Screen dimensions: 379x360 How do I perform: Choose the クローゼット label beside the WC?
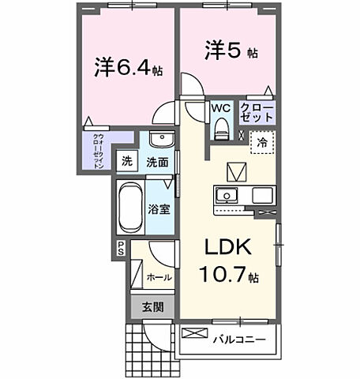pos(257,111)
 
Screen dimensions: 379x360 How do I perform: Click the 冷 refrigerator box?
pos(260,144)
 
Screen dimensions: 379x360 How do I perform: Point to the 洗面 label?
pos(156,162)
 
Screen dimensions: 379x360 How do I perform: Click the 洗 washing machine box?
pos(126,162)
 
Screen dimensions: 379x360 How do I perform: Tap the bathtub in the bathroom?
pos(129,206)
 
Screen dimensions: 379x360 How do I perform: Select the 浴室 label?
pos(159,209)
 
